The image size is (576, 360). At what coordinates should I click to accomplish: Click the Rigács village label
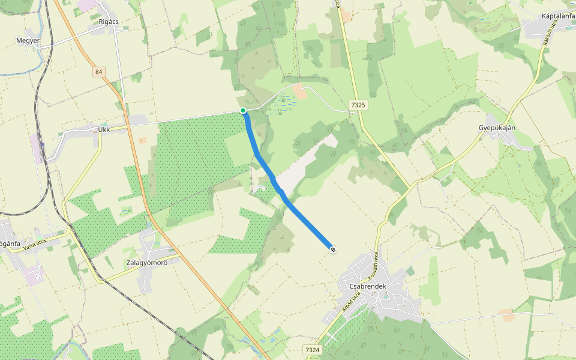(x=109, y=22)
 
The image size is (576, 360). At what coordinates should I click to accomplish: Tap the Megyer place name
(x=28, y=41)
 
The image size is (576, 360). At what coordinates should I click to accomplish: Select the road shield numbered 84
(x=99, y=72)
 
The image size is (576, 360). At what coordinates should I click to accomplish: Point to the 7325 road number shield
(x=358, y=105)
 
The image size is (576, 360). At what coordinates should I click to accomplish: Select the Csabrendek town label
(x=367, y=287)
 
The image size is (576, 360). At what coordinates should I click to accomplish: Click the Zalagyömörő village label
(x=146, y=263)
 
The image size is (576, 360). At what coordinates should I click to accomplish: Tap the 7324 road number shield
(x=313, y=350)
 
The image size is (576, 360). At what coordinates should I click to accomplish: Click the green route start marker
(x=243, y=110)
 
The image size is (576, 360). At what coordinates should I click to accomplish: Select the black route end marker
(x=332, y=248)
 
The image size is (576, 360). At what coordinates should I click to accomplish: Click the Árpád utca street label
(x=351, y=301)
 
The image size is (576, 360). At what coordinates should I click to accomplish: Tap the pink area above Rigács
(x=86, y=5)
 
